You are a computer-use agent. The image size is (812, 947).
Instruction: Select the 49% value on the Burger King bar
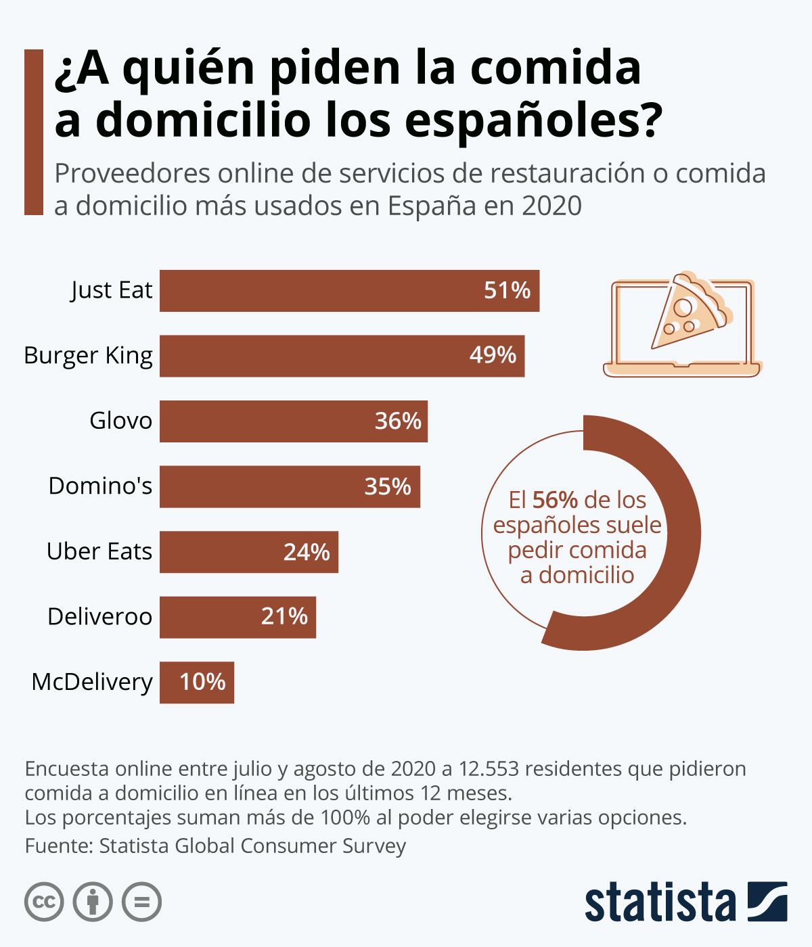coord(493,355)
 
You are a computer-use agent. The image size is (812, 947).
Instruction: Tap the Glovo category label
coord(121,421)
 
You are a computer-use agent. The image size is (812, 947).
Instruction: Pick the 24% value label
coord(307,552)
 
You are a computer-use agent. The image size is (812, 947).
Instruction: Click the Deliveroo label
coord(100,617)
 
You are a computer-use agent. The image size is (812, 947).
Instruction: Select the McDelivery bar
coord(196,683)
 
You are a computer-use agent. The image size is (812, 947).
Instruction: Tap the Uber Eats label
coord(99,551)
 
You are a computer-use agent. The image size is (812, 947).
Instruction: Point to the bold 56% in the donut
coord(555,501)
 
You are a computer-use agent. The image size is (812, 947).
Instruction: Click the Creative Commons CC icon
coord(44,902)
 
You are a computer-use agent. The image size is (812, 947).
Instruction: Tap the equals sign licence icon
coord(142,902)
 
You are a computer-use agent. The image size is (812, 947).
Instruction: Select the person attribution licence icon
coord(93,902)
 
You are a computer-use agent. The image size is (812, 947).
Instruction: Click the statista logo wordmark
coord(660,903)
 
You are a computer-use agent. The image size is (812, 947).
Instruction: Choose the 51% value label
coord(507,290)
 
